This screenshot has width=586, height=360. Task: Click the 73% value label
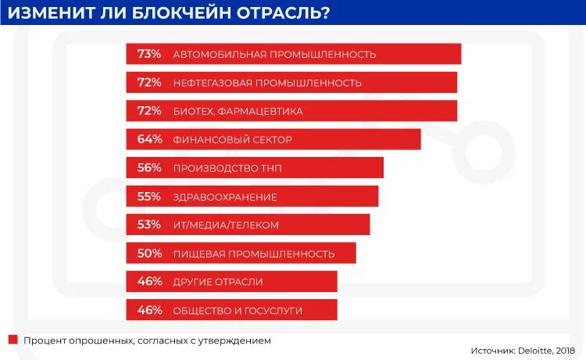click(x=148, y=54)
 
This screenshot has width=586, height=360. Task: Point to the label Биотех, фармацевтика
click(x=238, y=112)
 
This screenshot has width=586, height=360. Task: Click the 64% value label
click(x=148, y=140)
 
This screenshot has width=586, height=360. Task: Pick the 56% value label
click(x=148, y=168)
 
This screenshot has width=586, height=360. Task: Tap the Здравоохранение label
click(x=225, y=197)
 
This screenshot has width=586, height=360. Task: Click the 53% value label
click(x=148, y=225)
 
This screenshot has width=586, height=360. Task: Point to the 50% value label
click(x=148, y=253)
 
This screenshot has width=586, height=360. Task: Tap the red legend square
click(x=13, y=340)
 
